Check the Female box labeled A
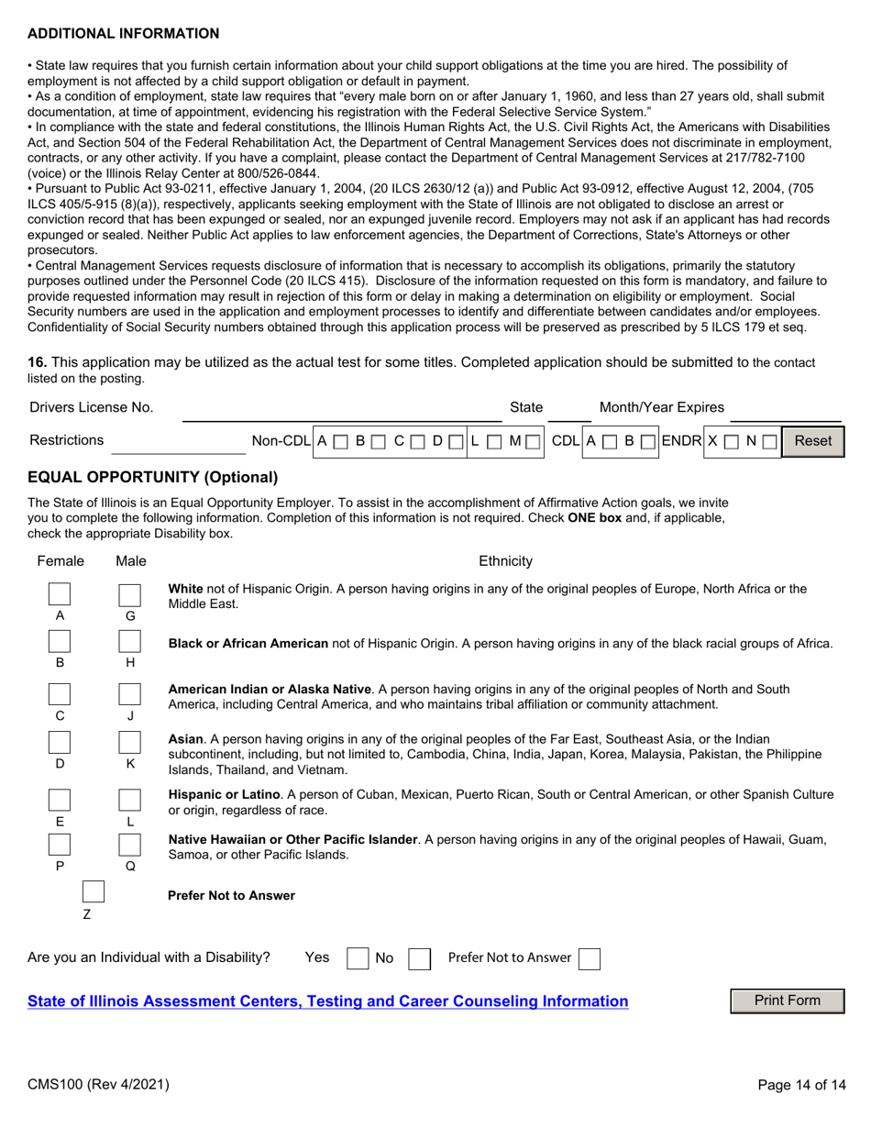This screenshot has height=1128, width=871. click(x=60, y=594)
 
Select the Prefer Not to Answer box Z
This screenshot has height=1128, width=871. click(x=94, y=892)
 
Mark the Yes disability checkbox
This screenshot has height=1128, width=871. click(x=358, y=958)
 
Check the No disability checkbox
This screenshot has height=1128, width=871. click(x=419, y=958)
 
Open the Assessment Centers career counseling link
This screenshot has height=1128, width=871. click(x=328, y=1001)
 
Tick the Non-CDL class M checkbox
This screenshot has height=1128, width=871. click(x=533, y=442)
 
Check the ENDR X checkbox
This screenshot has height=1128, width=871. click(x=731, y=442)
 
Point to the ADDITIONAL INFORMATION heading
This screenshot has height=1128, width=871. click(x=124, y=34)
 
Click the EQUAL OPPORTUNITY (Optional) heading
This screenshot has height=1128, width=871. click(x=152, y=478)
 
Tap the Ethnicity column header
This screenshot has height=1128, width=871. click(x=505, y=561)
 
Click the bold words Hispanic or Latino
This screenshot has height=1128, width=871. click(x=224, y=793)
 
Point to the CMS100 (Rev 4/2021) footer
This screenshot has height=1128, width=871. click(x=98, y=1085)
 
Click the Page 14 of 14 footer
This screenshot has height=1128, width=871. click(x=802, y=1085)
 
